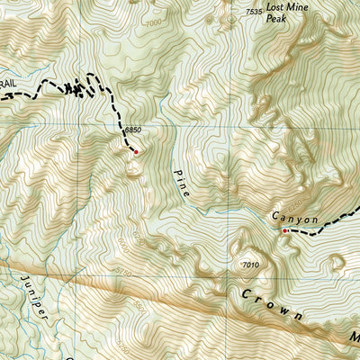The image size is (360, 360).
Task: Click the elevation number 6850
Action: click(133, 130)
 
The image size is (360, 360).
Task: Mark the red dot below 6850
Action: click(136, 151)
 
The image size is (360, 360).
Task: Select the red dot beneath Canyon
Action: click(285, 231)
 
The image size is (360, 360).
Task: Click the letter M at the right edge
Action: click(354, 337)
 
